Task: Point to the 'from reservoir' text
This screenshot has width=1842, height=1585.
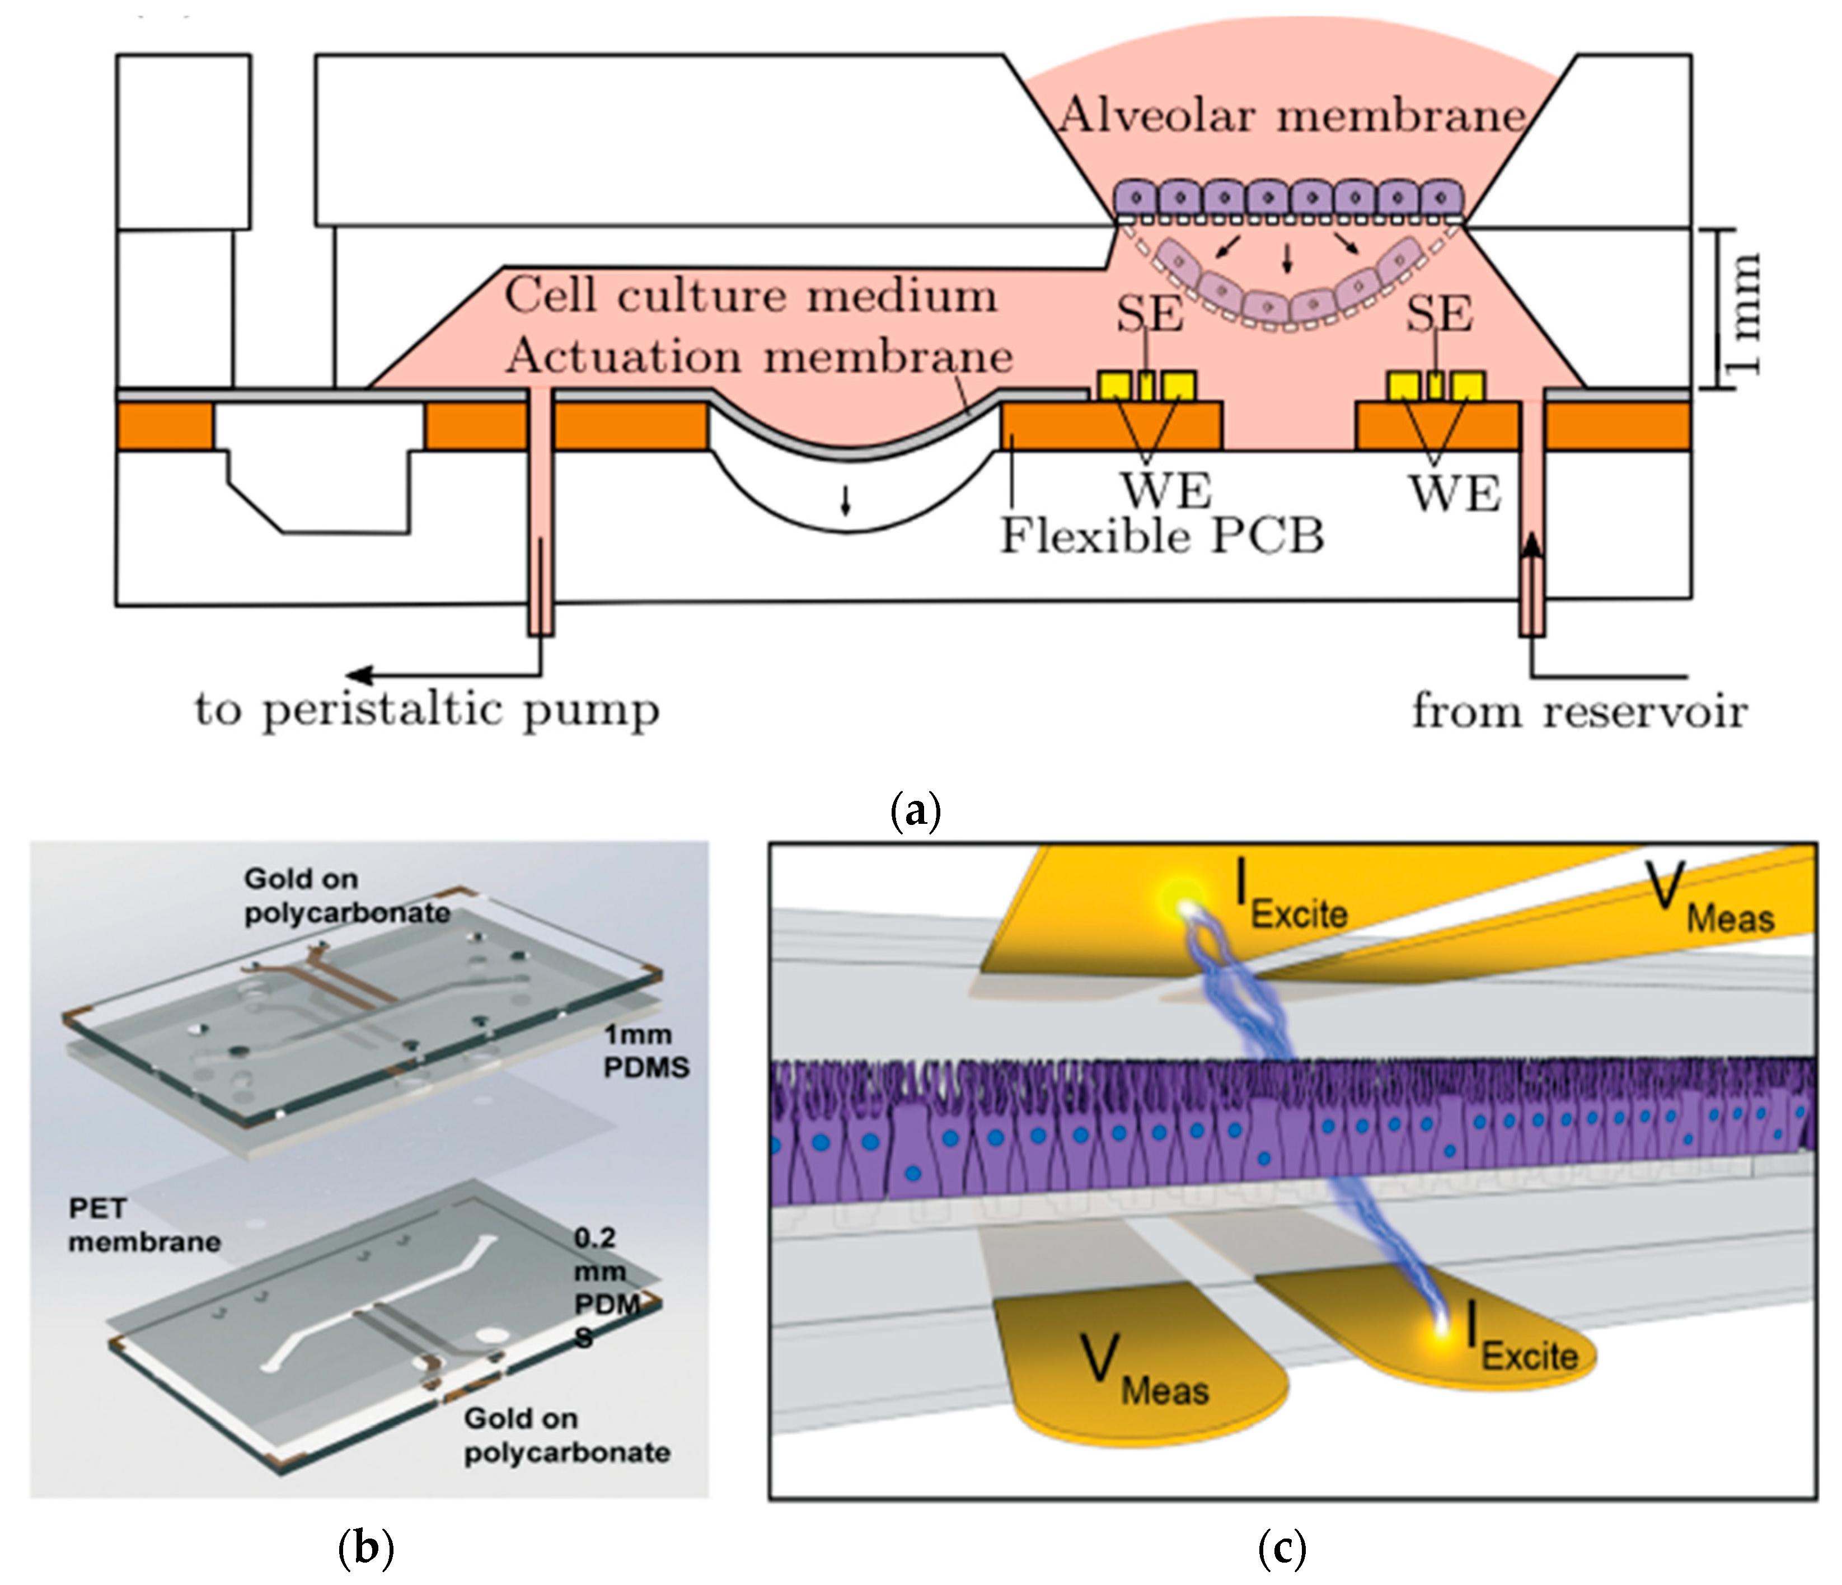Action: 1579,712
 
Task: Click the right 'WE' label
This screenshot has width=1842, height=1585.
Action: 1455,494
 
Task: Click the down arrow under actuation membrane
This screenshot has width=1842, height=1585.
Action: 845,503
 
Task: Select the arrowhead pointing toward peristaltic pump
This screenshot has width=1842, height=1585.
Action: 358,675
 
